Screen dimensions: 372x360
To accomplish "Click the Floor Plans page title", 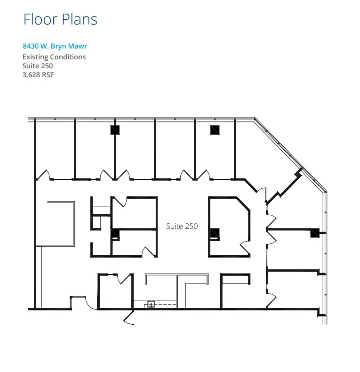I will coord(60,19).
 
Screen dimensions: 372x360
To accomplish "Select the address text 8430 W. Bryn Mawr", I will coord(55,46).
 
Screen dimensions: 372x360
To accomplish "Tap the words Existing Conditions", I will coord(54,57).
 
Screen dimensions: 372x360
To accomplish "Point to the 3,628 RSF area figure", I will coord(38,74).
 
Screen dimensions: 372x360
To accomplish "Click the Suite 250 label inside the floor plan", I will coord(182,226).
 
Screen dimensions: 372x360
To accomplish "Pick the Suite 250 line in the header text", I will coord(38,65).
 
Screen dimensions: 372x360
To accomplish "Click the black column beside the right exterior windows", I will coord(314,232).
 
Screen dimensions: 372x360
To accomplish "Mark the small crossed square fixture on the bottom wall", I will coord(151,304).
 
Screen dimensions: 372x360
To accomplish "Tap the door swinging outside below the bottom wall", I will coord(129,318).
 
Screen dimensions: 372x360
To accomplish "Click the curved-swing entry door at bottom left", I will coord(91,303).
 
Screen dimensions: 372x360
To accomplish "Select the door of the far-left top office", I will coord(43,175).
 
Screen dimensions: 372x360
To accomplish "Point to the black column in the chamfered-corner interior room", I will coord(214,233).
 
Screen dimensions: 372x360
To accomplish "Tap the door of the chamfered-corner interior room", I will coord(246,247).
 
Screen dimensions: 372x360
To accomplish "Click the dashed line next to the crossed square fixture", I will coord(165,305).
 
